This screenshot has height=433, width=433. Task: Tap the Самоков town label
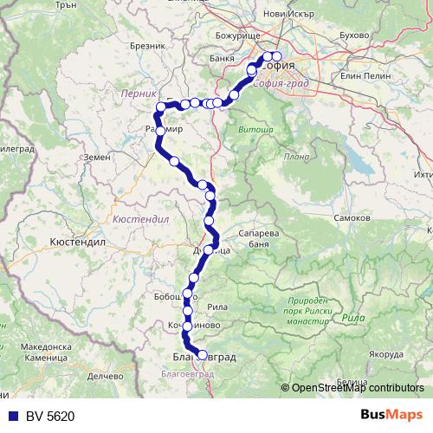(352, 217)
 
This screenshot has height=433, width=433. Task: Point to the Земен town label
(97, 157)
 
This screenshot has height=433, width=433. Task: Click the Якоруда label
(386, 353)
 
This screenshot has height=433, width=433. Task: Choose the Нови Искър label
(286, 15)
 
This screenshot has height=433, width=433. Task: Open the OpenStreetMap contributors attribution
(358, 389)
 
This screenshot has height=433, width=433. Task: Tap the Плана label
(296, 157)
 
